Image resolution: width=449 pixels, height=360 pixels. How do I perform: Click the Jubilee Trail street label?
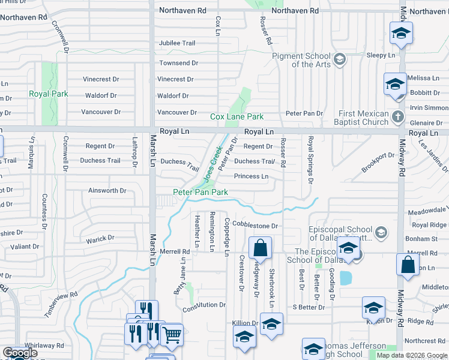pos(177,43)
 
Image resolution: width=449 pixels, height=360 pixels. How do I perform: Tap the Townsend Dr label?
pos(178,63)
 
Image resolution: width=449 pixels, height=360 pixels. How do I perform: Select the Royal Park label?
pos(49,94)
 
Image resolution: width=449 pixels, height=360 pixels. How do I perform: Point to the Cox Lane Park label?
pos(237,116)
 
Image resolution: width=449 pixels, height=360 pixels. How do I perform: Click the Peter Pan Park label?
pos(200,192)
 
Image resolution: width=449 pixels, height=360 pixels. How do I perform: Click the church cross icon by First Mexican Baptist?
pos(397,116)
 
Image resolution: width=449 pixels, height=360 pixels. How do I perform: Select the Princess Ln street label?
pos(251,176)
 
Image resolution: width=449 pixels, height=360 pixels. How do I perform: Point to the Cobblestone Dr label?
pos(255,226)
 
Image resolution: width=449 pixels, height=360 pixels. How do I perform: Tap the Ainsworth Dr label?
pos(107,191)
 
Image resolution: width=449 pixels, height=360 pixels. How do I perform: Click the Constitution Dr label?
pos(204,305)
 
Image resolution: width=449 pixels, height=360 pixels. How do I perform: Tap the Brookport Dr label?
pos(378,163)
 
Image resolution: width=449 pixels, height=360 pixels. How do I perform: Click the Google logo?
pos(20,353)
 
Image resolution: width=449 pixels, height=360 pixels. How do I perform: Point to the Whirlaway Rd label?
pos(44,346)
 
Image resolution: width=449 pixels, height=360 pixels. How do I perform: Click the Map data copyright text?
pos(411,355)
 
